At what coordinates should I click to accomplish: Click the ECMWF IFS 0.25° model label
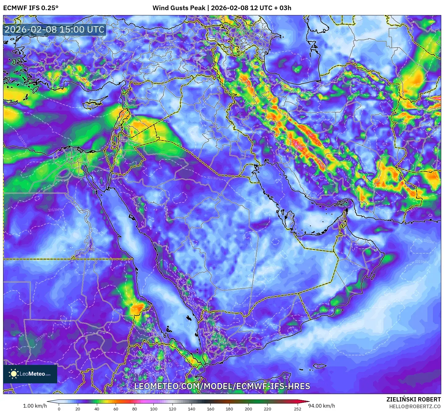tap(31, 8)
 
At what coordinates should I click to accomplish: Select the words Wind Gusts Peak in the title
tap(179, 8)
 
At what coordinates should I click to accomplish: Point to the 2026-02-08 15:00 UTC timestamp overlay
tap(54, 30)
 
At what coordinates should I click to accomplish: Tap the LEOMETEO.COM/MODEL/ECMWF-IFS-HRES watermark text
tap(222, 386)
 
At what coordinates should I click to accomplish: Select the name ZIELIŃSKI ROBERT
tap(414, 399)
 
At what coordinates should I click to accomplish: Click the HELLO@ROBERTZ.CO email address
tap(415, 406)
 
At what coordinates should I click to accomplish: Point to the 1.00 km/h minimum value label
tap(35, 406)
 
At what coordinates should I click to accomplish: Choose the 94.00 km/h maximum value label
tap(322, 406)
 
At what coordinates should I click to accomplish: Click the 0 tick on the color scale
tap(59, 409)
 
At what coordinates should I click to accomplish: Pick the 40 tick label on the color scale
tap(97, 409)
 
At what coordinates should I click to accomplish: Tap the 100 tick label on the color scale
tap(153, 409)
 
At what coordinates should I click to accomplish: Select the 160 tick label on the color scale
tap(210, 409)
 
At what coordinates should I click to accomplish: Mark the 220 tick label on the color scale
tap(267, 409)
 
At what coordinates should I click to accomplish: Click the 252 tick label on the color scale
tap(297, 409)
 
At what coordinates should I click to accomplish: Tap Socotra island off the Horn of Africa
tap(320, 366)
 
